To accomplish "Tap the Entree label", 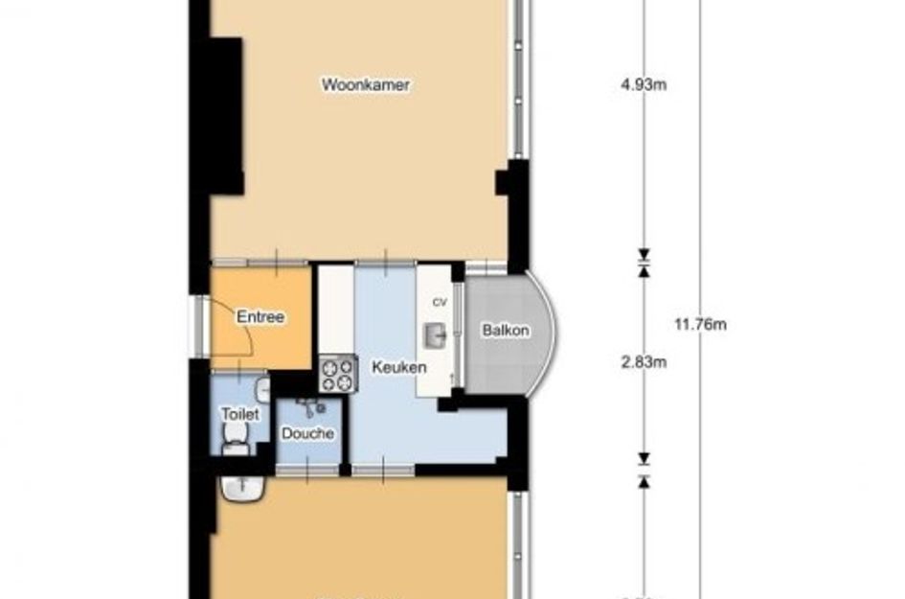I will click(260, 317).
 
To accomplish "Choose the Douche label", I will click(307, 433).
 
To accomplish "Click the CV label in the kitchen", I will click(440, 302).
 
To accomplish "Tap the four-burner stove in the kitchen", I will click(335, 374).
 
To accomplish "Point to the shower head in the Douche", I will click(309, 408).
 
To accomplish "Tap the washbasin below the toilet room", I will click(241, 488).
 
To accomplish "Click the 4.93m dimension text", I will click(644, 84).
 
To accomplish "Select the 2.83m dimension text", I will click(644, 361).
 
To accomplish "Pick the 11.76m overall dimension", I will click(700, 324).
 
